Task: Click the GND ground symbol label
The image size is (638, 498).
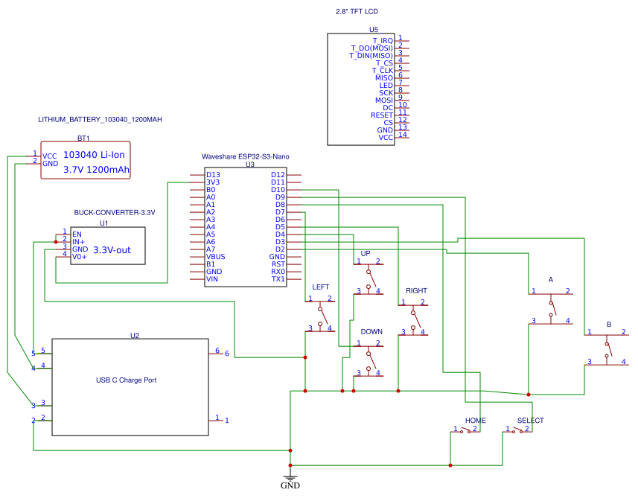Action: point(290,486)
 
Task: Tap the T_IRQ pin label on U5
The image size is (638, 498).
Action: point(383,40)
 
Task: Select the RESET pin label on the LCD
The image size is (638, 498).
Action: point(381,115)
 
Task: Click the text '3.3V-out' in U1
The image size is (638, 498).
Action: point(112,250)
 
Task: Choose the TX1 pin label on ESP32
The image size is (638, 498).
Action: point(278,279)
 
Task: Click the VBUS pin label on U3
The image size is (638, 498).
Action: point(215,257)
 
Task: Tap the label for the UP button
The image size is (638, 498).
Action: point(366,253)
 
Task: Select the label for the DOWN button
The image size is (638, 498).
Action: point(371,331)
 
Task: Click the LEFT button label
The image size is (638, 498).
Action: point(321,287)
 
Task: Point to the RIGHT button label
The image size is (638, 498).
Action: point(416,290)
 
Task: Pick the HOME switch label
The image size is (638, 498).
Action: point(475,421)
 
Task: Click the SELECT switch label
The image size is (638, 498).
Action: point(530,421)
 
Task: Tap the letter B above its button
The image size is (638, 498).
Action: point(609,325)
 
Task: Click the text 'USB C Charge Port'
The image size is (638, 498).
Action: point(126,380)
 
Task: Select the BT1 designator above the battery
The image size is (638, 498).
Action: point(83,138)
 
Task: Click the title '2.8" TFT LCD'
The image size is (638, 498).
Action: point(357,13)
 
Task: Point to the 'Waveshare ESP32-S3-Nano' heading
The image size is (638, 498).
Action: point(246,157)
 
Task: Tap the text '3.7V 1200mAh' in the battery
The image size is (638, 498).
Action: point(97,170)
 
